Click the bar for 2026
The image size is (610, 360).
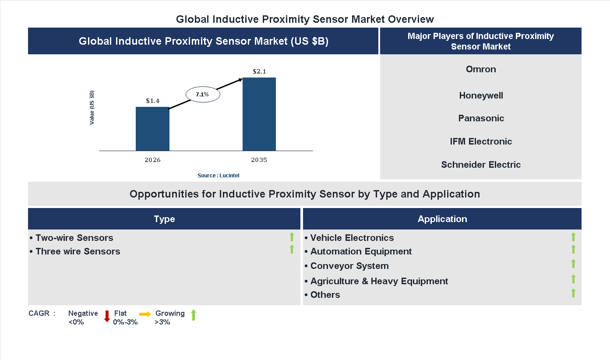152,129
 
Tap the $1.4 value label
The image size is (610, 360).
152,101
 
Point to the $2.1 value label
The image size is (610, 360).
259,71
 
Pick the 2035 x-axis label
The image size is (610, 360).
259,160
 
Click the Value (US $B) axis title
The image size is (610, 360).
92,108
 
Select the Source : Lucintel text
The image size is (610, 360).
218,175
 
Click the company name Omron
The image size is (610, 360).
481,69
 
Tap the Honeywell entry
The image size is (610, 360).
481,95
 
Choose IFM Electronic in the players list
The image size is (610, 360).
481,141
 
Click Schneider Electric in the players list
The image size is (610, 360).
481,165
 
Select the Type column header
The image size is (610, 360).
164,219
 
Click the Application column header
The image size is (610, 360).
442,219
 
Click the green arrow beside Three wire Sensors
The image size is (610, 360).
292,250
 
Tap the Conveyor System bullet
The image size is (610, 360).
349,266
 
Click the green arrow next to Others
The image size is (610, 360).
573,293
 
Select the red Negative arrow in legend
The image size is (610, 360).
107,316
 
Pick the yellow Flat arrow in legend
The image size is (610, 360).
145,314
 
